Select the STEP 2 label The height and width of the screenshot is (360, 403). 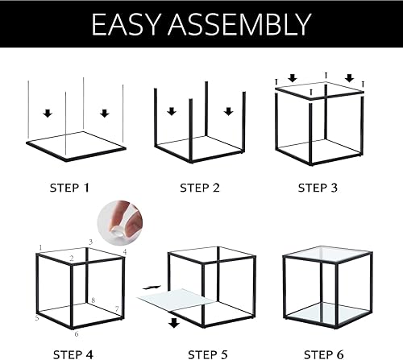199,188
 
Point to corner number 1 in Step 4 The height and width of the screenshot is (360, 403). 39,247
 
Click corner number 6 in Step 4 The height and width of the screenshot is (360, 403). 77,333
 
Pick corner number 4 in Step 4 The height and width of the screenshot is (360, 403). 124,252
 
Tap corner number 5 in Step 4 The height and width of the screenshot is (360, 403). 37,318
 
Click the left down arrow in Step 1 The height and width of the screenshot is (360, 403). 47,113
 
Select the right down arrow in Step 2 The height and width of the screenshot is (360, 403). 229,112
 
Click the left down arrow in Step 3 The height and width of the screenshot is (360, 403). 293,78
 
